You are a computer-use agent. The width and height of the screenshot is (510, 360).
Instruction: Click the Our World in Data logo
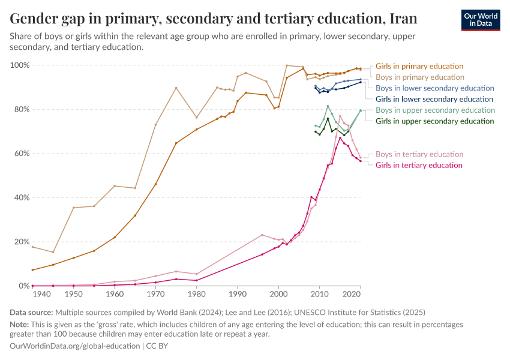480,20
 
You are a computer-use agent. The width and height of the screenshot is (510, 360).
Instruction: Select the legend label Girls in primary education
419,66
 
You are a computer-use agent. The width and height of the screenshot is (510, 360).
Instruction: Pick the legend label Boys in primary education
419,77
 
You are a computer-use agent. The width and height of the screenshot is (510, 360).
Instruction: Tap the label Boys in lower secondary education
434,88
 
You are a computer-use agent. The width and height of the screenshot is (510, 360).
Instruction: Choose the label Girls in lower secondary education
434,99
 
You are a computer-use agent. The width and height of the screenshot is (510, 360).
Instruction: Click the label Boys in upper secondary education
435,110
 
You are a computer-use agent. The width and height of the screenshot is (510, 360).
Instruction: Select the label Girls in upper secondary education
435,121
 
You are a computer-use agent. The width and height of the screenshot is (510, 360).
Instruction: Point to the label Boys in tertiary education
419,154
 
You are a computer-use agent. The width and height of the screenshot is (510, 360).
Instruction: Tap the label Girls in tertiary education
419,165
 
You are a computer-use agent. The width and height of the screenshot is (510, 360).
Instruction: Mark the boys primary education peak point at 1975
176,88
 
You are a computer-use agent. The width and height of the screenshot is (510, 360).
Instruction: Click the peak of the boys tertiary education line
340,116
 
